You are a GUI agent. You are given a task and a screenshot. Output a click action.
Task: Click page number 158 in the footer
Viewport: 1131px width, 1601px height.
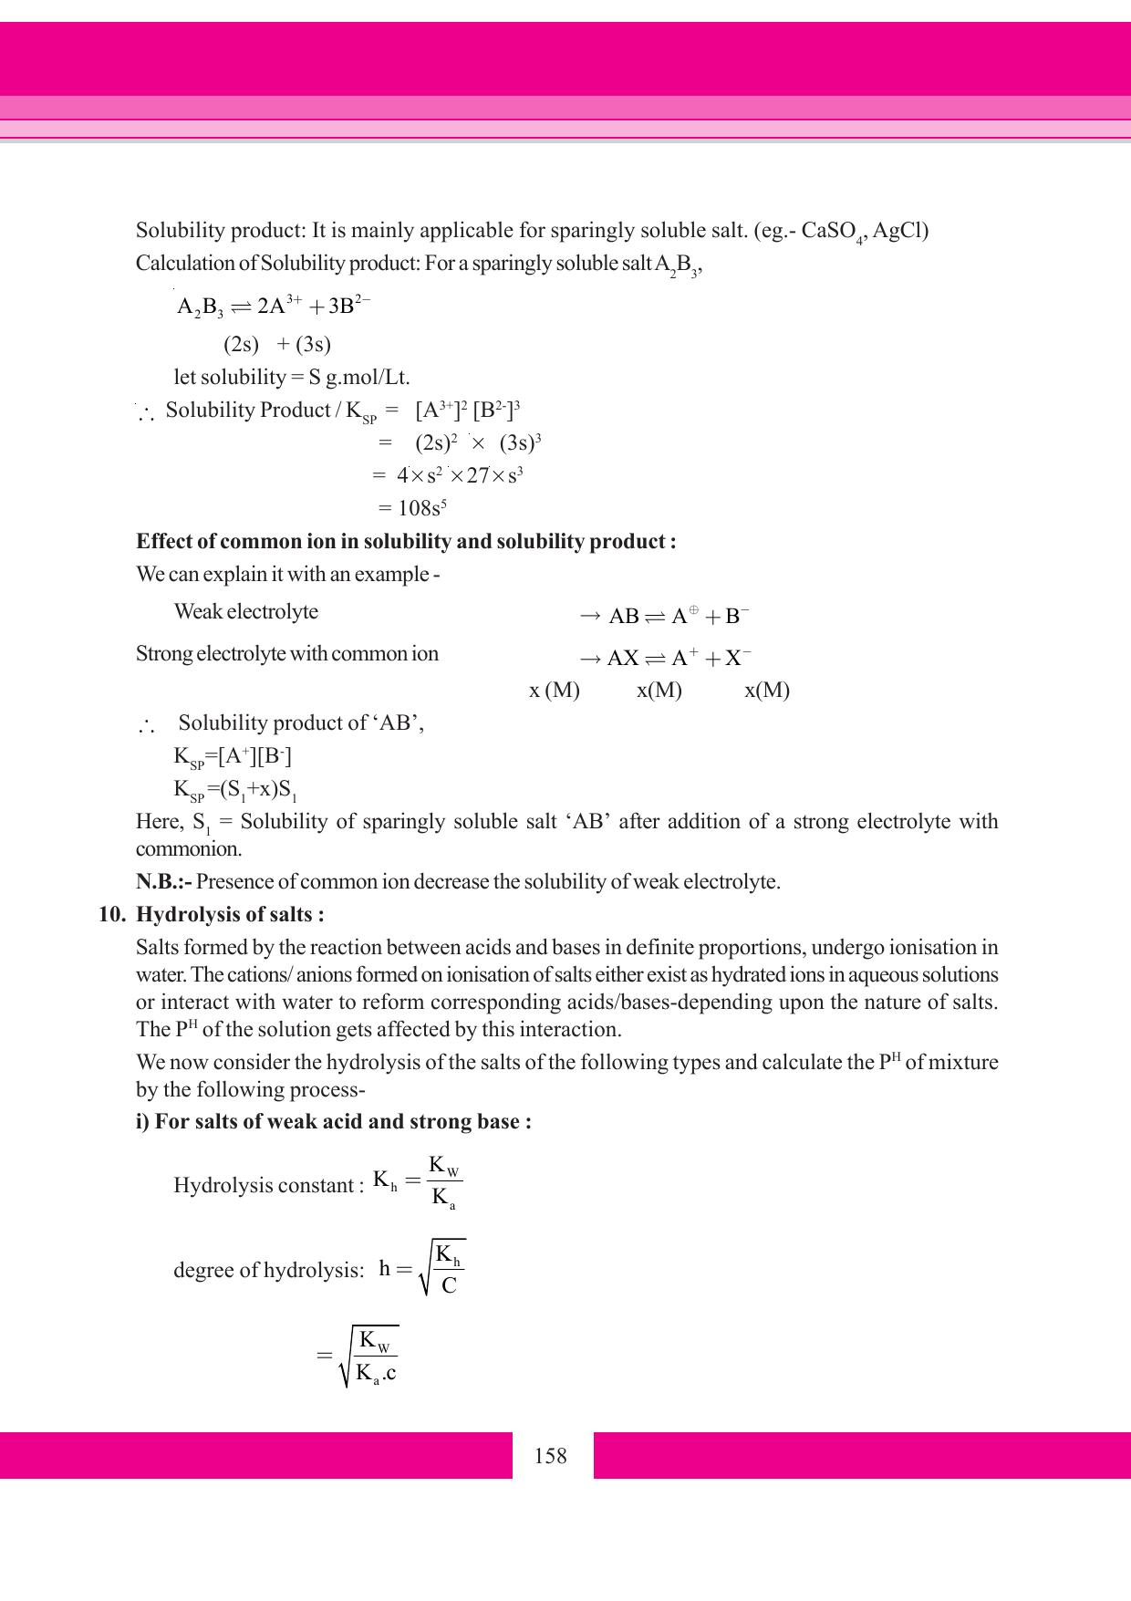pyautogui.click(x=550, y=1455)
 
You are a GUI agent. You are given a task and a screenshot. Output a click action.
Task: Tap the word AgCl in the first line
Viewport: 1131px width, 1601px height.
pyautogui.click(x=900, y=230)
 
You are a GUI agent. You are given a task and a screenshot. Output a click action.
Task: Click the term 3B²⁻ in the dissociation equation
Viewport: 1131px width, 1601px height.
pyautogui.click(x=349, y=305)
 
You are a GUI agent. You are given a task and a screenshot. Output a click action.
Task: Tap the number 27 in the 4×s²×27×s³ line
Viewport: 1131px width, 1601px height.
pyautogui.click(x=478, y=475)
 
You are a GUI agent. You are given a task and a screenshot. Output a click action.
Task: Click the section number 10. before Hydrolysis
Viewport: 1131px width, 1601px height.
pyautogui.click(x=112, y=914)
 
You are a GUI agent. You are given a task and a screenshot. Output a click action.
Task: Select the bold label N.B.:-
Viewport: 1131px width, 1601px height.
pyautogui.click(x=164, y=881)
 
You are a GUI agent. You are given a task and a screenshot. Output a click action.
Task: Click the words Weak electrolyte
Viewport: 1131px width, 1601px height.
pyautogui.click(x=246, y=611)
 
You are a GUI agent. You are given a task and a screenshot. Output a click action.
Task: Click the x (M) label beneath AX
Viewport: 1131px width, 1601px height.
pyautogui.click(x=554, y=690)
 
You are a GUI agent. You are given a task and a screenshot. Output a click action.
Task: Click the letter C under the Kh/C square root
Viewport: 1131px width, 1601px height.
pyautogui.click(x=449, y=1285)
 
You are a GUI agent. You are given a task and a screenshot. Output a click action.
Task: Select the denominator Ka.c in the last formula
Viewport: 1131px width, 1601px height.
pyautogui.click(x=376, y=1373)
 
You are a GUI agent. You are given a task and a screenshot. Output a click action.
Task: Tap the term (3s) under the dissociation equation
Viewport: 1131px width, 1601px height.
pyautogui.click(x=313, y=344)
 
